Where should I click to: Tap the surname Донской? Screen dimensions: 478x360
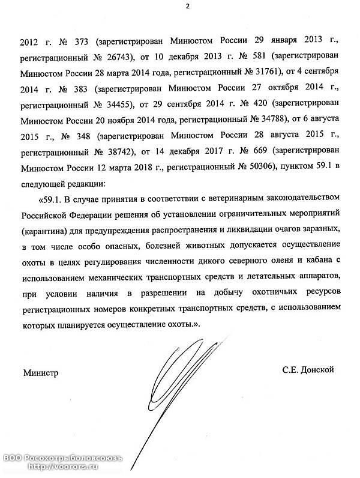[x=316, y=370]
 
